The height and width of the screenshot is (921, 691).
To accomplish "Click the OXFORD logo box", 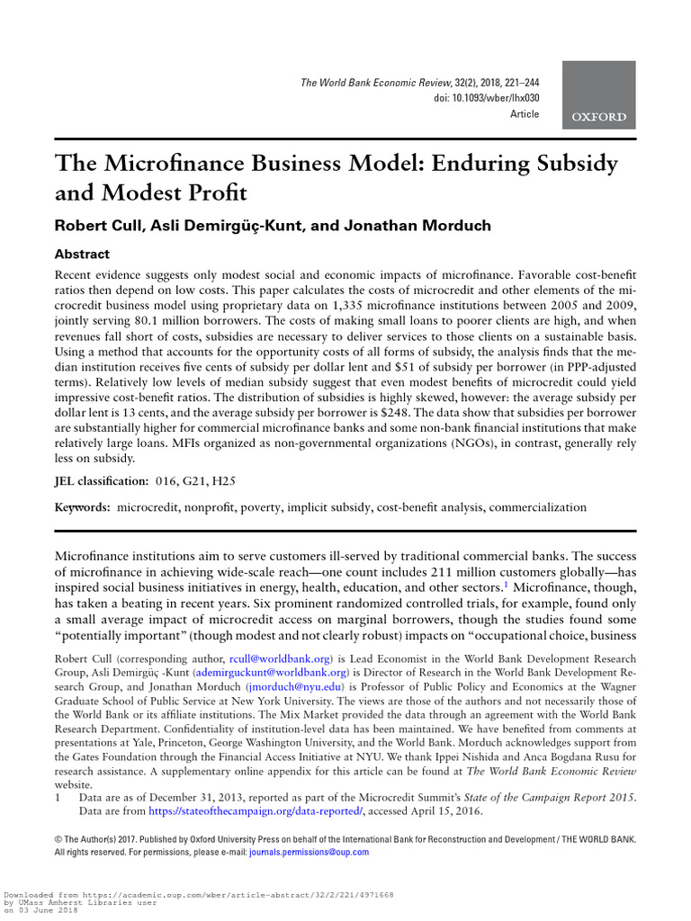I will click(599, 95).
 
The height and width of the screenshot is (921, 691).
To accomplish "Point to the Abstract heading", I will click(82, 255).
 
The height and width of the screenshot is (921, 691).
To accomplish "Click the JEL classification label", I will click(103, 482).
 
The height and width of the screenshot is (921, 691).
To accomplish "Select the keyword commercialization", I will click(536, 507).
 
